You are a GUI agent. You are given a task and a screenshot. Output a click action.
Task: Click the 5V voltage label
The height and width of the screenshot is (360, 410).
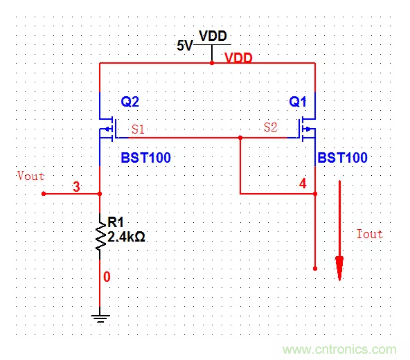pos(184,46)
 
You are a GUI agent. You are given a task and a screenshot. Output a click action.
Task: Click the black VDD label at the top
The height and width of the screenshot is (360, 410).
pos(213,36)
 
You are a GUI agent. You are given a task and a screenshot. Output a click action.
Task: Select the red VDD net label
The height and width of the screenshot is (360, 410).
pos(238,59)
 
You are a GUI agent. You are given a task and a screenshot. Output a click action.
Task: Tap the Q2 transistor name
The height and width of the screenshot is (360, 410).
pos(130,102)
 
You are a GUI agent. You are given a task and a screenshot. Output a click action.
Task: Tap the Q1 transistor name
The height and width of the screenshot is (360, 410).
pos(298,102)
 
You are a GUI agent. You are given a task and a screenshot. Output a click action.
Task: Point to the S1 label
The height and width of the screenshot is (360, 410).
pos(138,129)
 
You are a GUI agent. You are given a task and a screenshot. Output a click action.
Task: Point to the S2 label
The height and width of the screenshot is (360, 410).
pos(270,127)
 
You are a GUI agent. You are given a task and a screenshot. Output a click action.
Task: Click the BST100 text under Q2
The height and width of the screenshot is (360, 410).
pos(145,159)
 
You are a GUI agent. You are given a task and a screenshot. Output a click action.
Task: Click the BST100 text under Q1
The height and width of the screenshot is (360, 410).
pos(342,159)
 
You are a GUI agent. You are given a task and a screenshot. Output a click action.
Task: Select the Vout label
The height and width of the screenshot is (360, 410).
pos(30,176)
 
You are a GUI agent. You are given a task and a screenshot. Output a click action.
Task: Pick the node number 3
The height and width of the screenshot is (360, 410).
pos(77,187)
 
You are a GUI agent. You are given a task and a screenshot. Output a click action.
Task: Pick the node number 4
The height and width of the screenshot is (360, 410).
pos(302,184)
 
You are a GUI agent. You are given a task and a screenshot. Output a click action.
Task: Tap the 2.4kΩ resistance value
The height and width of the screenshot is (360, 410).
pos(126,237)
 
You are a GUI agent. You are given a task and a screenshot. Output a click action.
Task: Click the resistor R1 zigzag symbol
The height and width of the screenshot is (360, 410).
pos(100,235)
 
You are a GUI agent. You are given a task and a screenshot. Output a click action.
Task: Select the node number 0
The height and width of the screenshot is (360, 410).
pos(106,277)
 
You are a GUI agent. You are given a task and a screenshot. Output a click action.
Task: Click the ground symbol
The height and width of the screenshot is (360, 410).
pos(100,318)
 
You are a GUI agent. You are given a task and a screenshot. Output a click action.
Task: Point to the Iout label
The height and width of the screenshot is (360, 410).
pos(369,234)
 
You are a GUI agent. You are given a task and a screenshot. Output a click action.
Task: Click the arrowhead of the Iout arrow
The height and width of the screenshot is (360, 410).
pos(339,269)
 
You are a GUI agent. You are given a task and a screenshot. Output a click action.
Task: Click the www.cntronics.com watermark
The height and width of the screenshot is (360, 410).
pos(340,350)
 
